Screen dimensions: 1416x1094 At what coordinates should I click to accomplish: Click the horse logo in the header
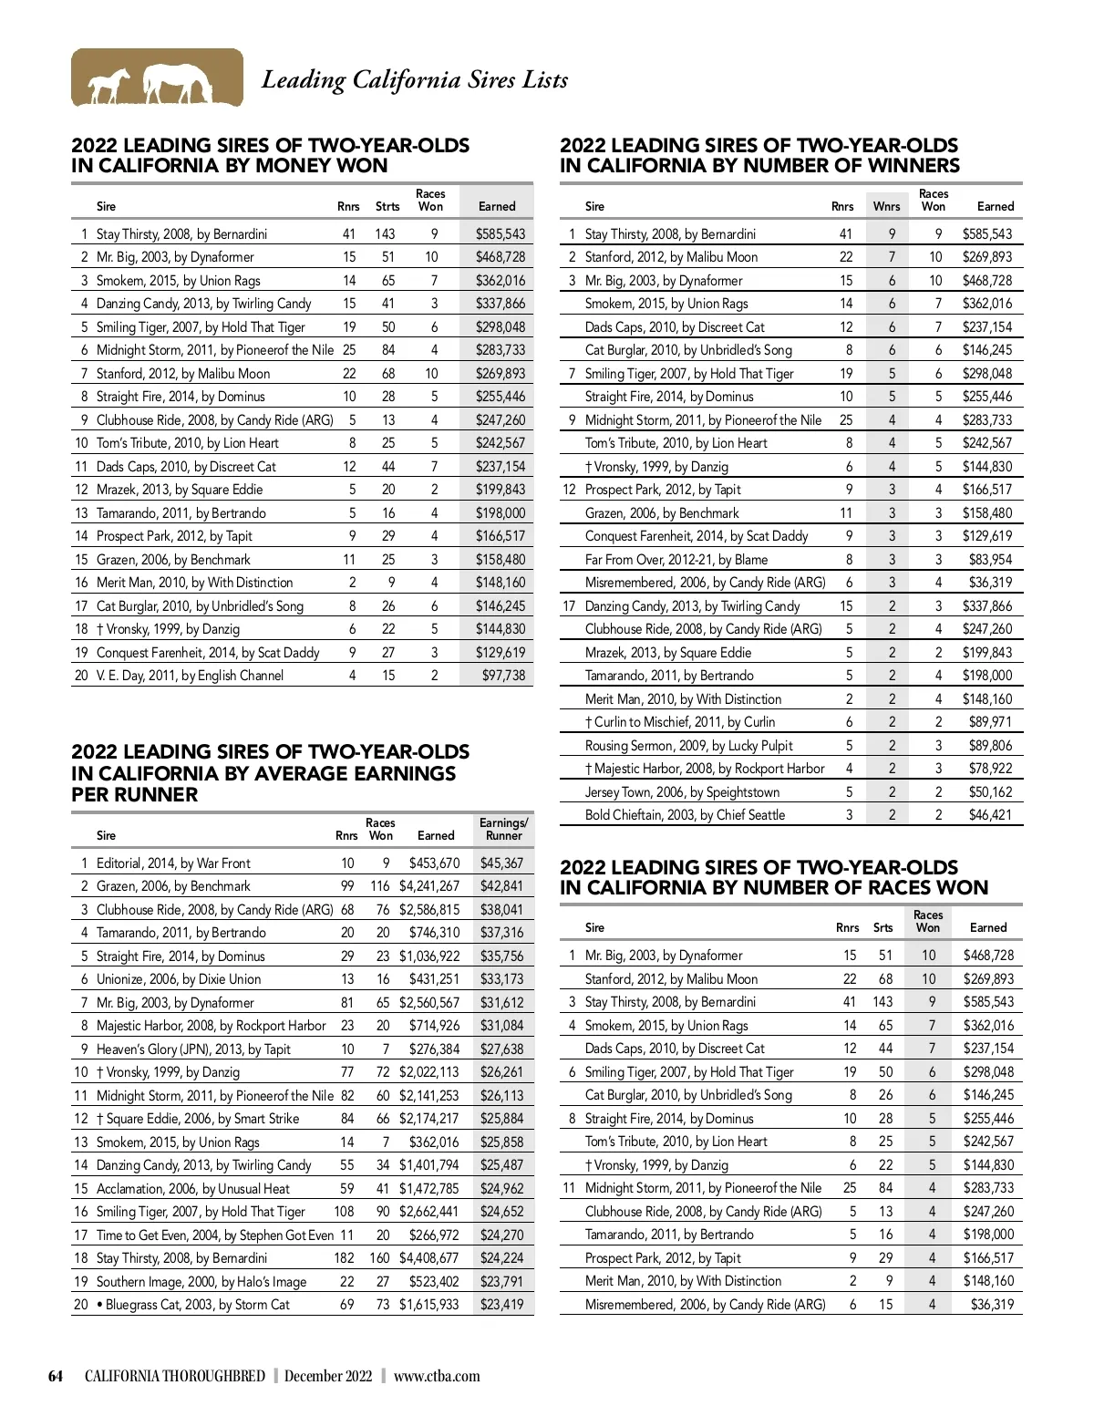(157, 78)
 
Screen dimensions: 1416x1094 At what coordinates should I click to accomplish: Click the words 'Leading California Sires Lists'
(415, 80)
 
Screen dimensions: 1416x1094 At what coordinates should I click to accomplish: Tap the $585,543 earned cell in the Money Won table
(500, 234)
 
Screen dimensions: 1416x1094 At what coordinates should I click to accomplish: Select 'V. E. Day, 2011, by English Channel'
(190, 676)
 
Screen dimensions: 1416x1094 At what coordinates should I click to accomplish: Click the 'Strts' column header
(387, 207)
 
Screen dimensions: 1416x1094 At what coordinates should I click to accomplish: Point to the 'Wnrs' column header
(886, 207)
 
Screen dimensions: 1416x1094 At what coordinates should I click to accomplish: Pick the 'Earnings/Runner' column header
(503, 829)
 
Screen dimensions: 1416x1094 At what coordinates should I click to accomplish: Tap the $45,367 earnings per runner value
(501, 863)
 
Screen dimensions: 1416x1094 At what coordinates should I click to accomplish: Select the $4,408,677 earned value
(428, 1258)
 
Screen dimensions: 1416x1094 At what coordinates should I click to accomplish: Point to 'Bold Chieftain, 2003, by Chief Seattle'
(685, 815)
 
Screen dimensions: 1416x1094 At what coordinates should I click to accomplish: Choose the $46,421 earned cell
(990, 815)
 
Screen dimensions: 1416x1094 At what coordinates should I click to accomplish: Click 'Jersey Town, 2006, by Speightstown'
(682, 792)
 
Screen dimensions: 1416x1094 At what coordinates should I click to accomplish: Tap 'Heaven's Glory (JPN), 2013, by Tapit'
(193, 1049)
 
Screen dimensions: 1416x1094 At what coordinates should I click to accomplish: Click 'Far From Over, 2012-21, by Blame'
(676, 560)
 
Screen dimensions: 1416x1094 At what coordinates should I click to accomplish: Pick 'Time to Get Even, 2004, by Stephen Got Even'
(215, 1235)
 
